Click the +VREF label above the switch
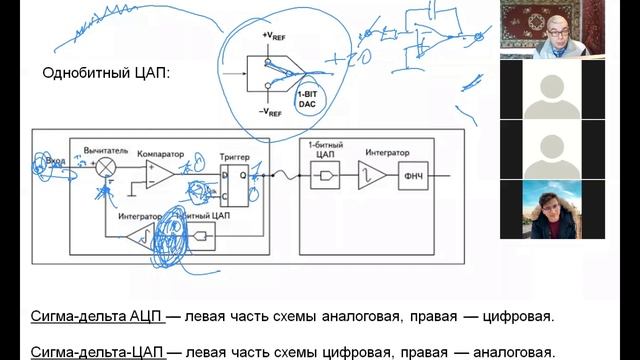[277, 35]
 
